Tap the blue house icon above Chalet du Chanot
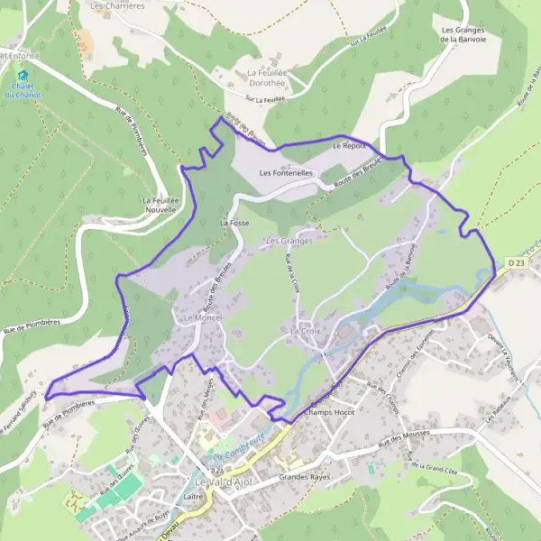pyautogui.click(x=24, y=77)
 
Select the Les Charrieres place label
pyautogui.click(x=117, y=5)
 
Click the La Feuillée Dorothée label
pyautogui.click(x=267, y=78)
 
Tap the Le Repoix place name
pyautogui.click(x=349, y=145)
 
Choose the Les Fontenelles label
pyautogui.click(x=286, y=172)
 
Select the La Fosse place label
pyautogui.click(x=234, y=221)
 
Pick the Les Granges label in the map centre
pyautogui.click(x=289, y=241)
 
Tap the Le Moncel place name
pyautogui.click(x=202, y=319)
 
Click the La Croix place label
pyautogui.click(x=306, y=332)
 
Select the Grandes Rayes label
pyautogui.click(x=305, y=476)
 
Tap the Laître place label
pyautogui.click(x=193, y=496)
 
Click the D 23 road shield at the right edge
pyautogui.click(x=515, y=262)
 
